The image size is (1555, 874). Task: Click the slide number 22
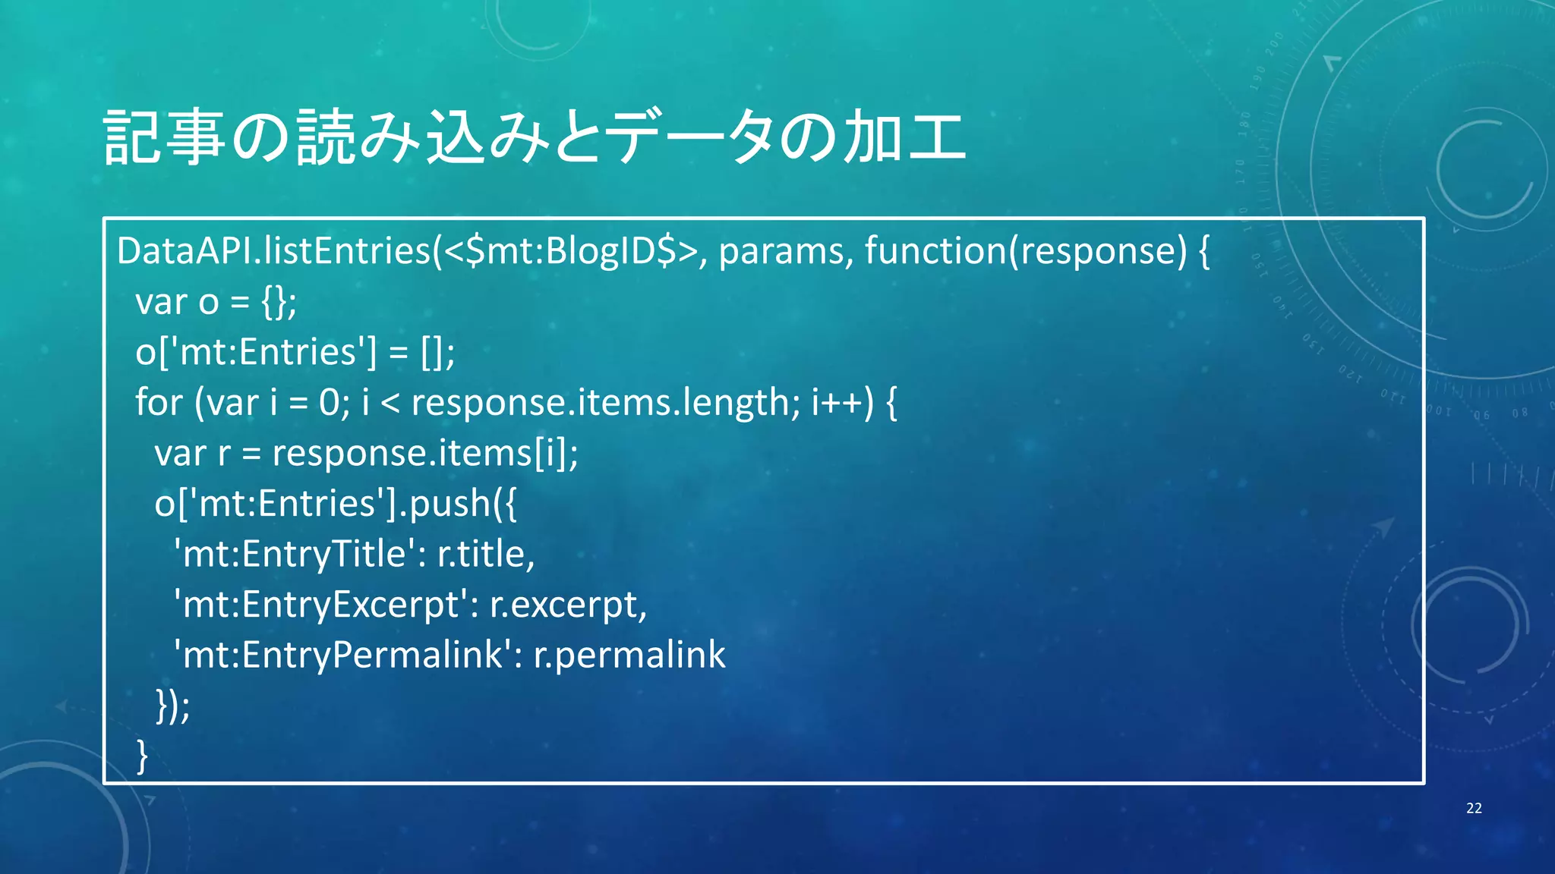pos(1474,808)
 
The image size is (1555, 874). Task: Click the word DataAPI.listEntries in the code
pos(273,251)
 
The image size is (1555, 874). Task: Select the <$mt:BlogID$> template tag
pos(569,251)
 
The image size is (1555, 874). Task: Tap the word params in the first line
pos(781,251)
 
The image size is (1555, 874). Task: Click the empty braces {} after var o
pos(273,302)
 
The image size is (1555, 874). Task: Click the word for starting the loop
pos(159,402)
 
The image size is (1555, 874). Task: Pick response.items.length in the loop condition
pos(604,402)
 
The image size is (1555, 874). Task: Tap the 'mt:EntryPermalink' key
pos(342,655)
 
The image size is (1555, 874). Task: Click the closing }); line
pos(172,706)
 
